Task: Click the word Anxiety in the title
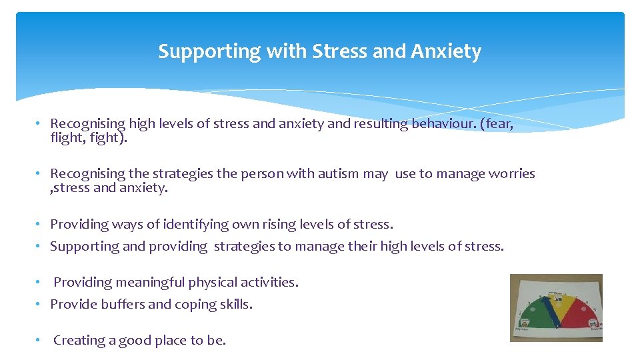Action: pos(446,51)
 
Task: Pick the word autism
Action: pos(337,174)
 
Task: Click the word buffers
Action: pos(123,305)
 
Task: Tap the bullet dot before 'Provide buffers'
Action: pos(39,305)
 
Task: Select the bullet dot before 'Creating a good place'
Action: pos(39,340)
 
